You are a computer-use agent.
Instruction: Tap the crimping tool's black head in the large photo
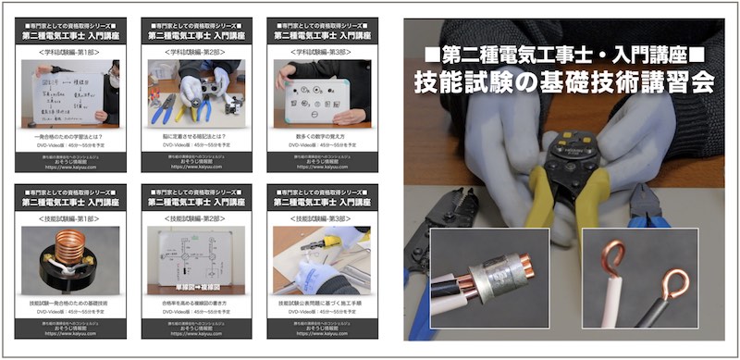pos(565,154)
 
